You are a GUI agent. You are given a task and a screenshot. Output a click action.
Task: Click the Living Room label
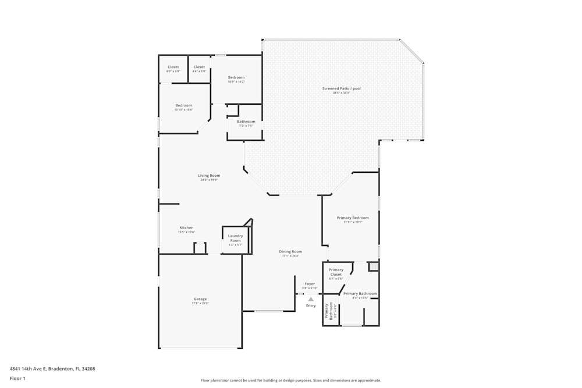click(209, 175)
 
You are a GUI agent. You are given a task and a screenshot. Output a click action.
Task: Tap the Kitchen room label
click(186, 227)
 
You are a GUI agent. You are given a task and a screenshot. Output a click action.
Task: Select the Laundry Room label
click(235, 238)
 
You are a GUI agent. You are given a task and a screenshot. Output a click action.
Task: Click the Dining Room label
click(290, 251)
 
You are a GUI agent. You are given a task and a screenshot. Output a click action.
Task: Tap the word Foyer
click(309, 284)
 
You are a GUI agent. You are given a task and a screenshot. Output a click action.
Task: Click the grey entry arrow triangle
click(311, 299)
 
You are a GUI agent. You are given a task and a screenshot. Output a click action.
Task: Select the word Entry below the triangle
click(311, 305)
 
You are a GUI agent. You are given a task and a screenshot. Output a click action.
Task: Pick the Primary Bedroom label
click(353, 218)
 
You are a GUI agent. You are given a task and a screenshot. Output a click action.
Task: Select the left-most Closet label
click(173, 67)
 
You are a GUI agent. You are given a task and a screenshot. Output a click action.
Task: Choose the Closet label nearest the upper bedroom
click(199, 67)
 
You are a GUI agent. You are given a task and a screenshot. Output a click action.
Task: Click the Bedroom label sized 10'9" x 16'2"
click(236, 77)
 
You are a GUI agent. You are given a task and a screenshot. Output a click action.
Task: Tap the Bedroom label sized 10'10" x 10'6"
click(183, 105)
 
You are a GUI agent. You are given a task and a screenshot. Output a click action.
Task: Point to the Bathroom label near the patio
click(246, 122)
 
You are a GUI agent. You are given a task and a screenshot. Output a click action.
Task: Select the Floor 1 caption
click(17, 378)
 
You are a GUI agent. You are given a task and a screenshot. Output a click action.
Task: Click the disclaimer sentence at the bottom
click(290, 380)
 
